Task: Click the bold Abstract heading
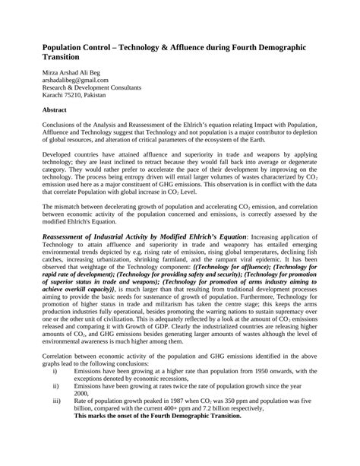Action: pos(55,109)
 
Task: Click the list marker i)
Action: pos(55,371)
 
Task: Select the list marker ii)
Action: pos(55,386)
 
